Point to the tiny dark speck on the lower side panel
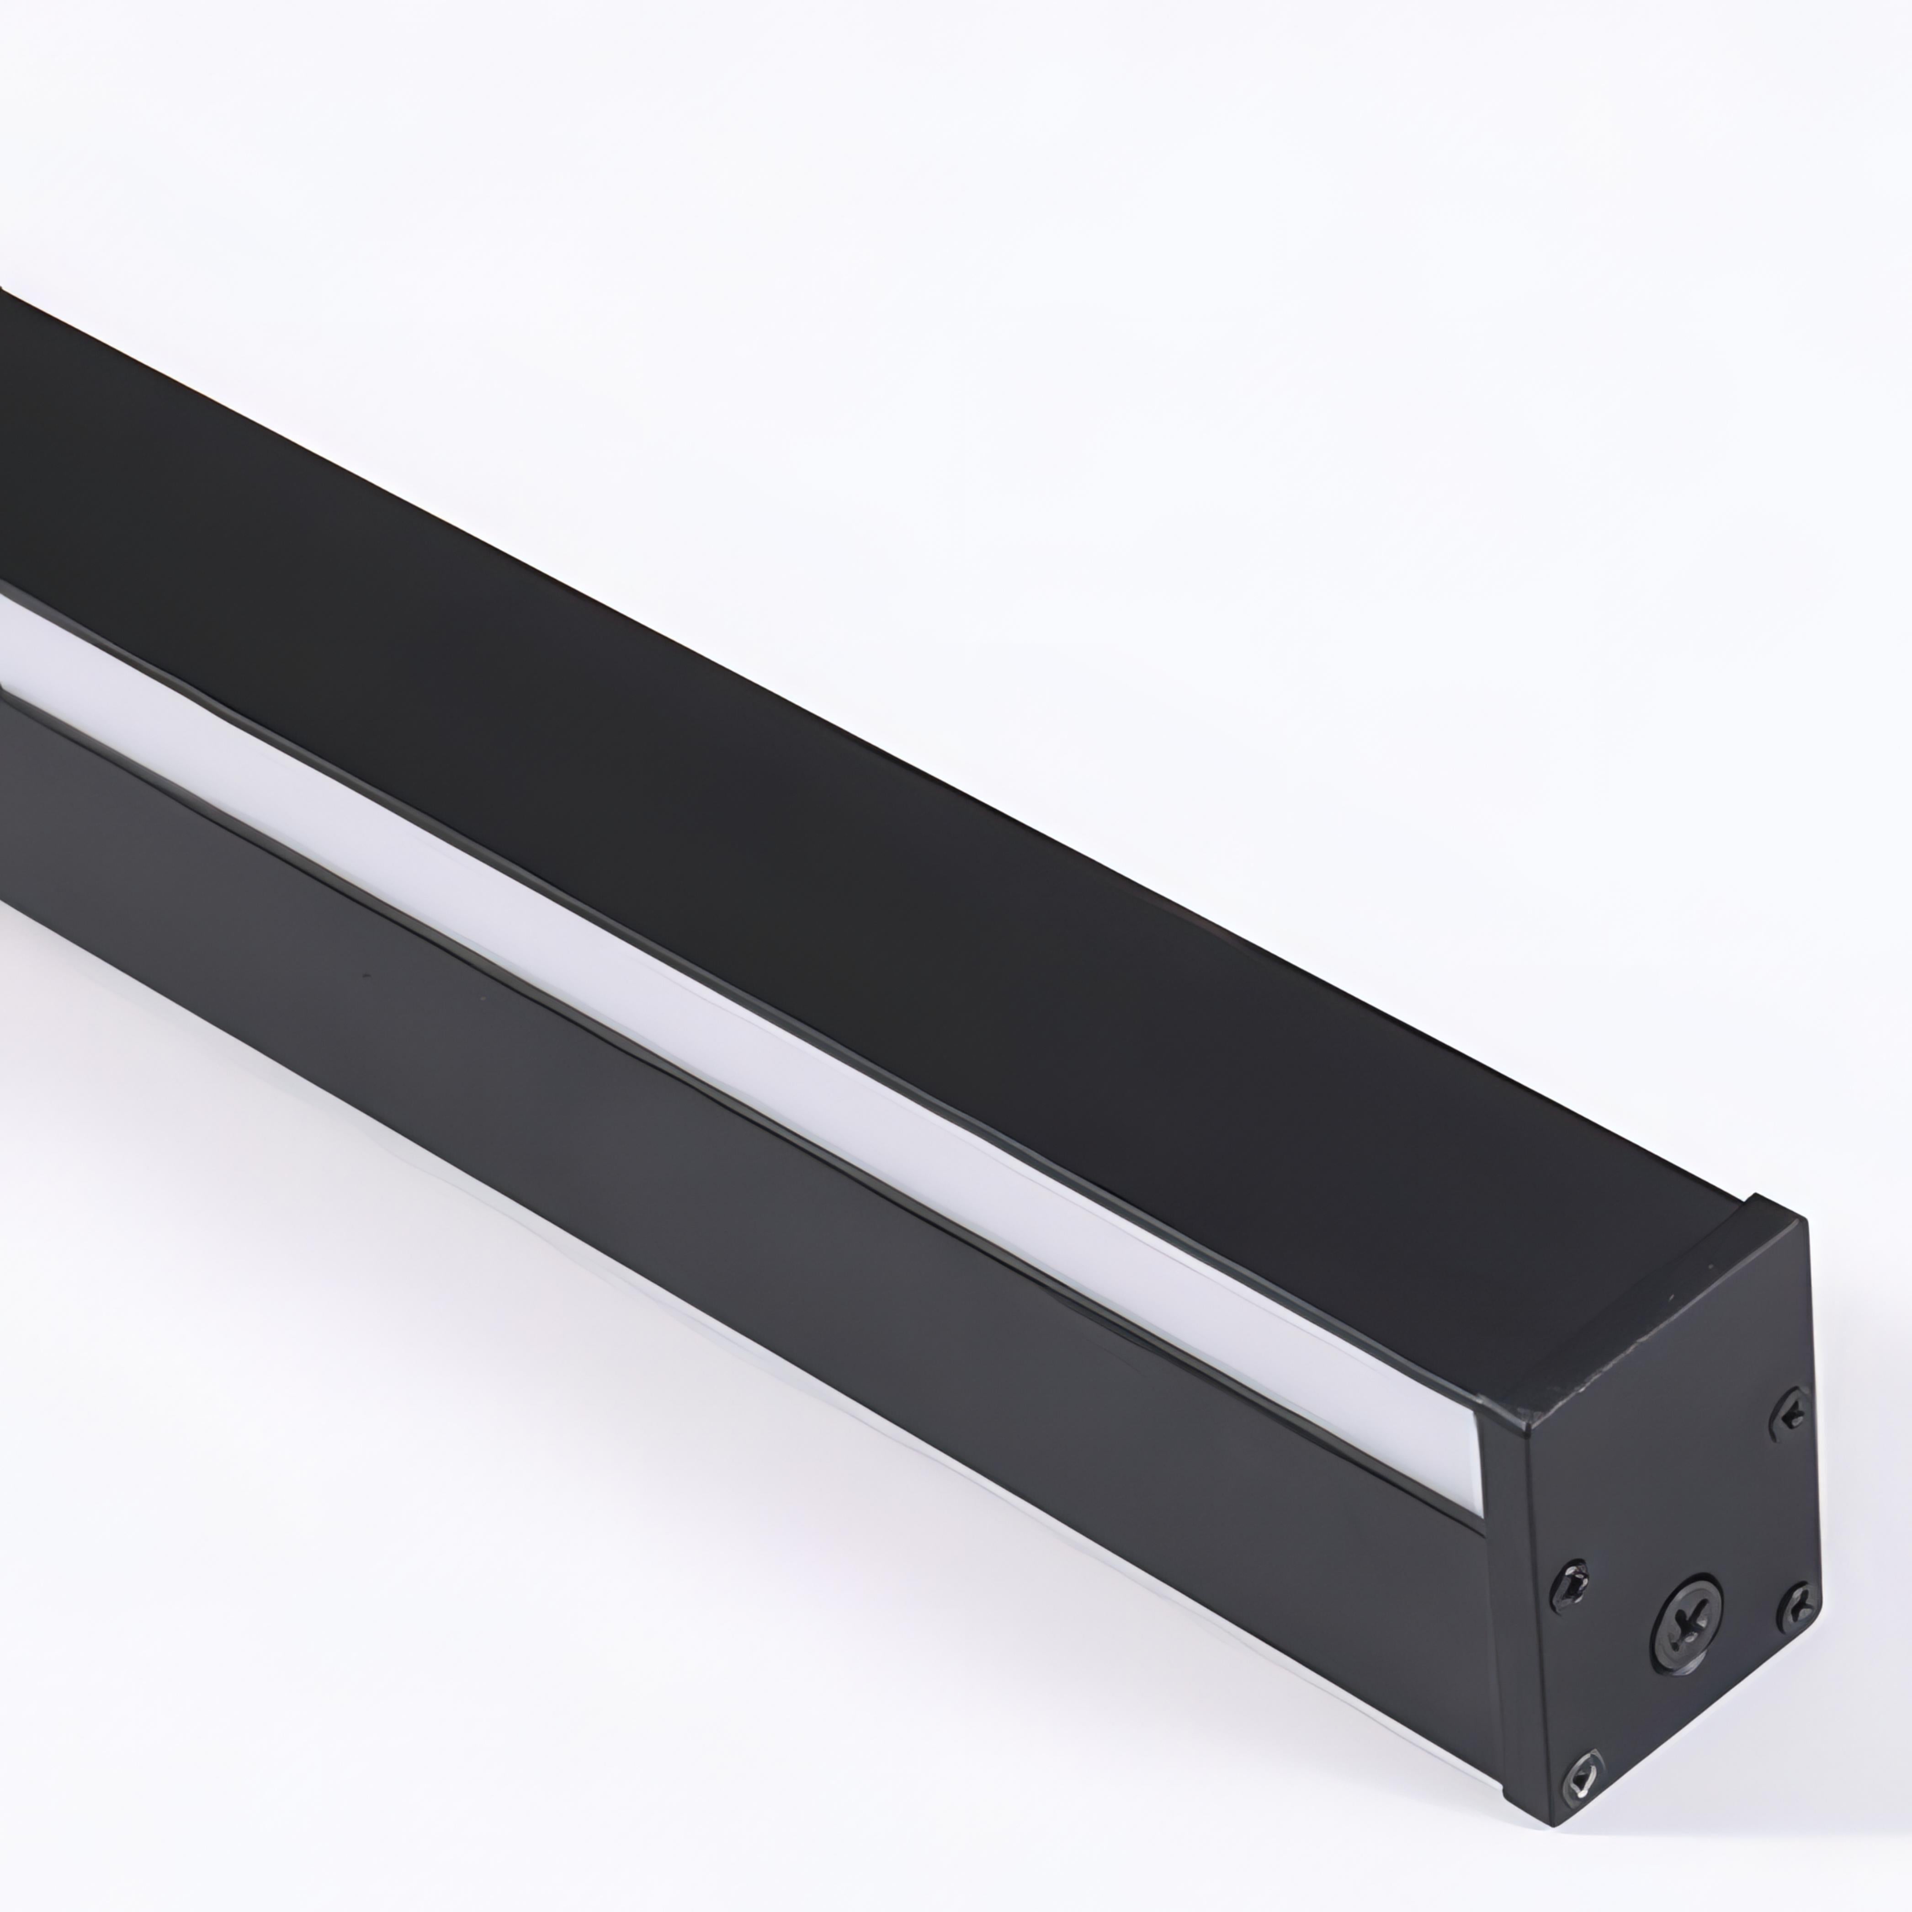coord(366,975)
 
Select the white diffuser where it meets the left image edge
coord(8,643)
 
